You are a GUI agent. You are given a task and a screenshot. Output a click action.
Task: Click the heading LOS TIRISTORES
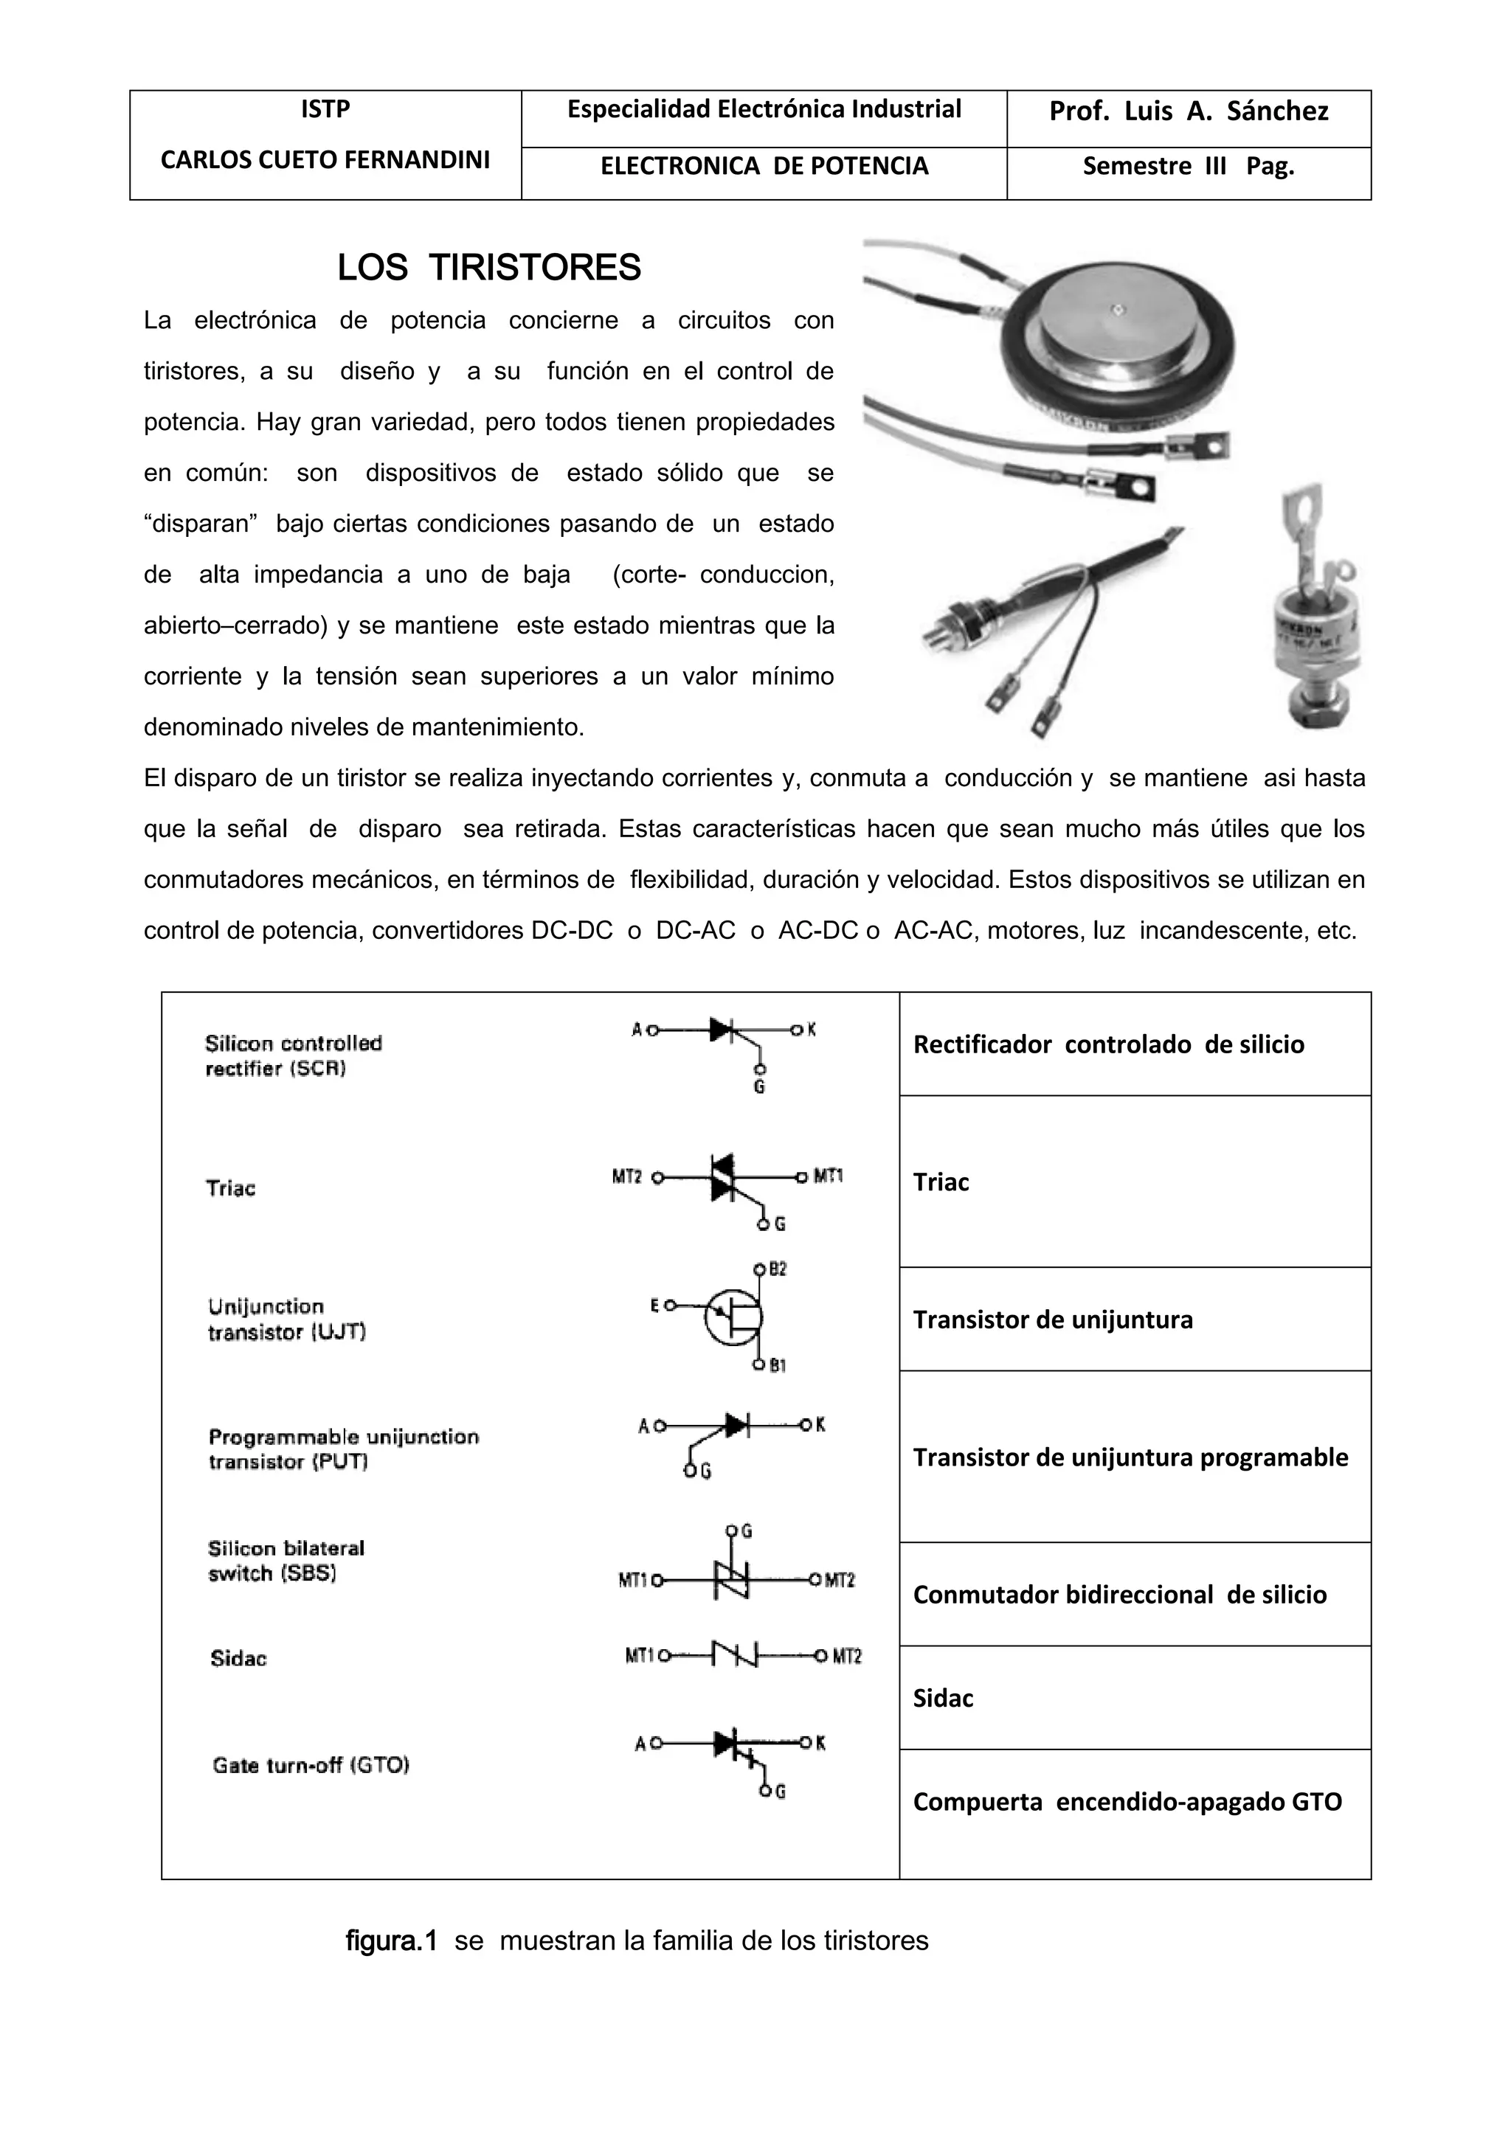[488, 268]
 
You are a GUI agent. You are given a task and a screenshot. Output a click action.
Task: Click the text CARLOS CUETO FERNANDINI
[325, 160]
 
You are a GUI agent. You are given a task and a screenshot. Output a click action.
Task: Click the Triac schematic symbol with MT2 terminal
[724, 1178]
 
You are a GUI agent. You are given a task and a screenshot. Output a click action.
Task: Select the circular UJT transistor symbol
[733, 1317]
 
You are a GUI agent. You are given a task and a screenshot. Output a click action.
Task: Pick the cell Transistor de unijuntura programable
[1130, 1457]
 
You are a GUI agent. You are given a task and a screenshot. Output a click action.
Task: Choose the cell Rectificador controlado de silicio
[1108, 1044]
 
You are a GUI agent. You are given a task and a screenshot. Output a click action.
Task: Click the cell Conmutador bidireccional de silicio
[1119, 1595]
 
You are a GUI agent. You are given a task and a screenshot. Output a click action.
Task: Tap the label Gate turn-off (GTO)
[311, 1766]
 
